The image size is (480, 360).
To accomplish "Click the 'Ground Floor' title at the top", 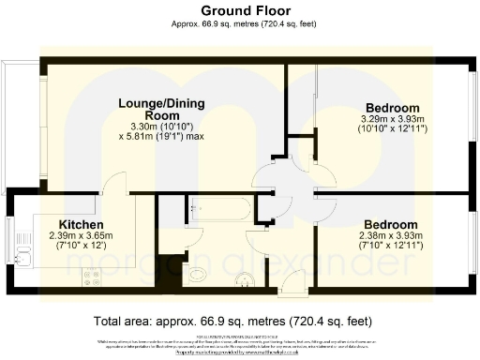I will [x=239, y=10].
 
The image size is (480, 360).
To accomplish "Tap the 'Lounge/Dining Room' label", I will [x=149, y=109].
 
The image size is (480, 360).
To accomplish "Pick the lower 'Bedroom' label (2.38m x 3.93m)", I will [x=390, y=225].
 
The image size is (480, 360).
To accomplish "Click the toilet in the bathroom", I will [x=198, y=275].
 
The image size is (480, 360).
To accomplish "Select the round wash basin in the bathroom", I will [x=243, y=277].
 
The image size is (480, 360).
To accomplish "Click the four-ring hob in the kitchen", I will [x=92, y=277].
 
